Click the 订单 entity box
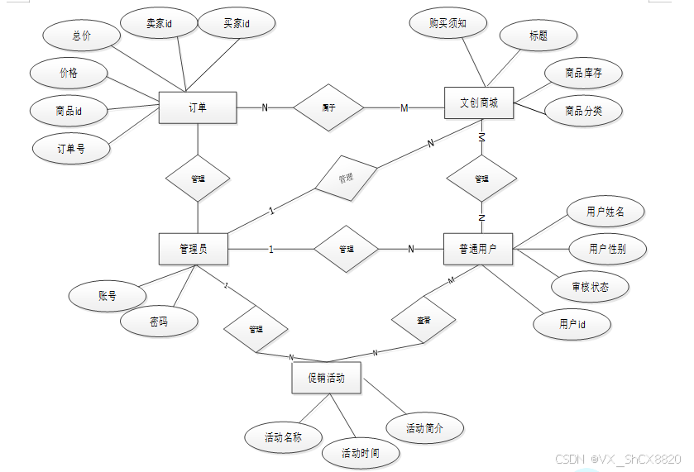[198, 107]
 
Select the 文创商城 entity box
[479, 103]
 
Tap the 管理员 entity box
[193, 249]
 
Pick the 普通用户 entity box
[478, 249]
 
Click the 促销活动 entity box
[326, 378]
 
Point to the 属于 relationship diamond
[328, 107]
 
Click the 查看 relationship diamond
[424, 319]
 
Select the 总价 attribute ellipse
[80, 36]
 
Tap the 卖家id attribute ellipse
[159, 25]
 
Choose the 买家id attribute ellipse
[237, 25]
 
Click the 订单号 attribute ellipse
[70, 149]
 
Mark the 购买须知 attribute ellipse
[448, 23]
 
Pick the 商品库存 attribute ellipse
[583, 74]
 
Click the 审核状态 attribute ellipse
[591, 287]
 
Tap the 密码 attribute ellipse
[159, 322]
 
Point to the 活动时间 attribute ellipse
[361, 453]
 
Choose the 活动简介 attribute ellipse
[424, 428]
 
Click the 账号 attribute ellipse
[107, 295]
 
